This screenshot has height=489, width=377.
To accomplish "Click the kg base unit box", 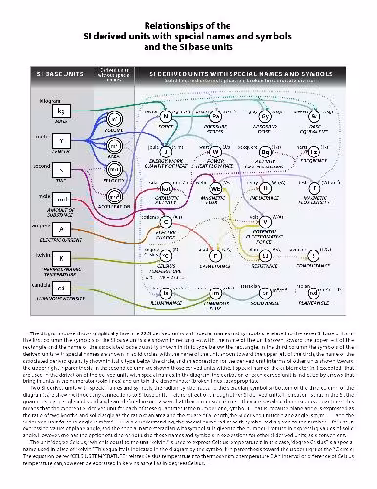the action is pos(61,109).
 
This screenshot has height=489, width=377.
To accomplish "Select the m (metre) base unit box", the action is pos(61,140).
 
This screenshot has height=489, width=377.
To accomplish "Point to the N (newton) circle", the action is pos(166,116).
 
